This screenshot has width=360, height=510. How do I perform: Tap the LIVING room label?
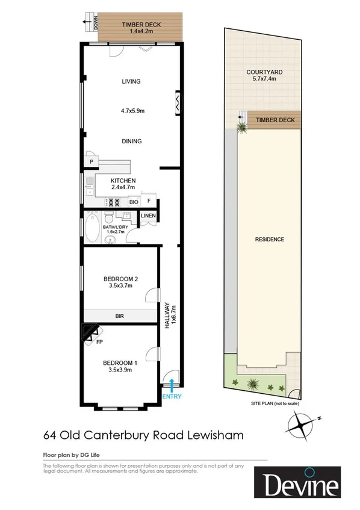(x=131, y=81)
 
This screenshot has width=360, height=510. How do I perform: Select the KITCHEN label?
(x=123, y=181)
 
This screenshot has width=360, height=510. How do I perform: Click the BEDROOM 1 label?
(x=120, y=362)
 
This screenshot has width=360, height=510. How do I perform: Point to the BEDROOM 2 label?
(x=121, y=279)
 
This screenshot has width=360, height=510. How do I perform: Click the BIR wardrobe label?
(x=119, y=315)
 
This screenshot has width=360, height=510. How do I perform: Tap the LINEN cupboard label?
(x=149, y=216)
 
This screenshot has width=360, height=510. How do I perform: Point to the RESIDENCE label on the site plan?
(x=269, y=239)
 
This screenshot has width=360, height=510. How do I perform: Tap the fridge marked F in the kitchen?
(x=149, y=202)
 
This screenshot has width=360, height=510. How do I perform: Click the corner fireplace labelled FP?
(x=92, y=333)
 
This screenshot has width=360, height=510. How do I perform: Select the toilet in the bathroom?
(x=108, y=216)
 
